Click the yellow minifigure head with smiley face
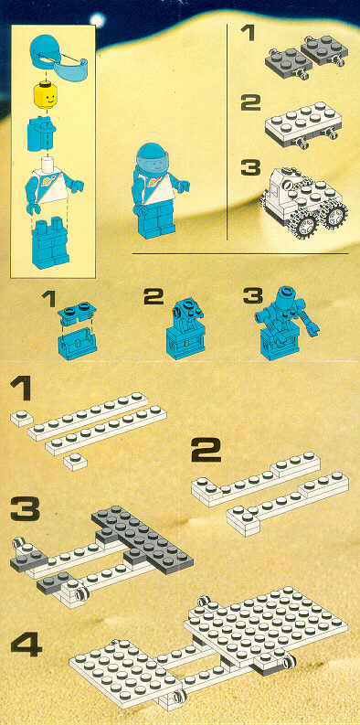click(x=47, y=96)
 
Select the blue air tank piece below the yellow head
click(x=41, y=133)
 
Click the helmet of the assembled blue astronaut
click(x=152, y=158)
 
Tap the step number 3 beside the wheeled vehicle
click(x=250, y=168)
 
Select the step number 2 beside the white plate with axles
click(x=250, y=102)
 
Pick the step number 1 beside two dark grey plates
click(x=248, y=33)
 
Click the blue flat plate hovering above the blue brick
click(x=77, y=312)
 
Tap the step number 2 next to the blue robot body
click(x=154, y=297)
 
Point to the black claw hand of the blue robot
click(x=312, y=330)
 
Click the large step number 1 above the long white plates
click(x=21, y=389)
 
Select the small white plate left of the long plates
click(x=21, y=419)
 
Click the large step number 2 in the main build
click(x=206, y=451)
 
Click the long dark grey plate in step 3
click(x=143, y=541)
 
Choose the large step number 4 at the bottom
click(x=26, y=645)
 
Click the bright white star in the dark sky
click(x=98, y=19)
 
